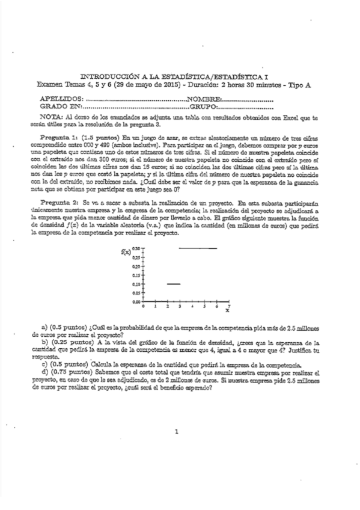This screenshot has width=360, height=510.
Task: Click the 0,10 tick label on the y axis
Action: coord(136,283)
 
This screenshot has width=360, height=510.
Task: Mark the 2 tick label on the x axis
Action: coord(168,306)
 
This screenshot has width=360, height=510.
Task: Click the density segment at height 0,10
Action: coord(174,283)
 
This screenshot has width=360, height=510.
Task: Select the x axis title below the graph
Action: coord(227,312)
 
